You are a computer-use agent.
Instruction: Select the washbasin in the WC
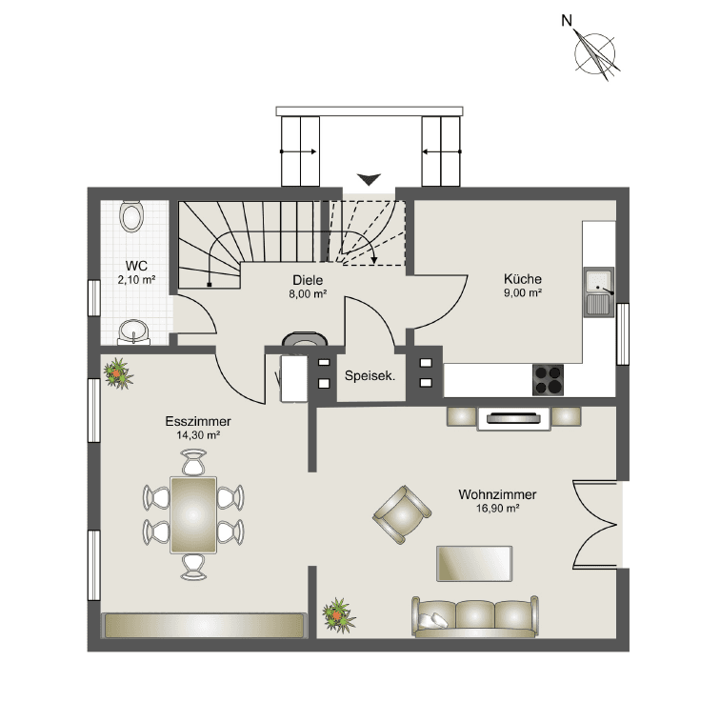coord(133,331)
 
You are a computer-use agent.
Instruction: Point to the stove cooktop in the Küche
coord(550,380)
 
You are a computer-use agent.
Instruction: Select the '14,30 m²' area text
coord(198,434)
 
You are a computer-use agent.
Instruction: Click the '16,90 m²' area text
coord(496,509)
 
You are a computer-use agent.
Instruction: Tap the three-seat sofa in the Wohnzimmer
coord(474,617)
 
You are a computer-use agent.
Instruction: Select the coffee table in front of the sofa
coord(474,563)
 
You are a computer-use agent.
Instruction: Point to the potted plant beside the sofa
coord(336,614)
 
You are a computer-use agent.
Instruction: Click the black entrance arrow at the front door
coord(369,178)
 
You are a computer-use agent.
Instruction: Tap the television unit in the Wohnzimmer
coord(514,417)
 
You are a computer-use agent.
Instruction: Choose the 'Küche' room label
coord(523,279)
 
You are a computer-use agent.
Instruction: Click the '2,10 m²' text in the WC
coord(136,280)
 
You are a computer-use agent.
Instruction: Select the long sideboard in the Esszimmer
coord(205,625)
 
